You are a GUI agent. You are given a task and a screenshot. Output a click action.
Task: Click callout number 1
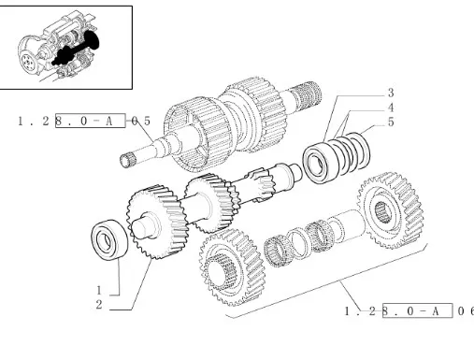[x=99, y=290]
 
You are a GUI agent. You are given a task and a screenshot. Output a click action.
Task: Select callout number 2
[x=99, y=305]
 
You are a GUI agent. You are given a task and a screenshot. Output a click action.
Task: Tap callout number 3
[x=391, y=93]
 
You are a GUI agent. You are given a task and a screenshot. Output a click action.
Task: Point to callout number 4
[x=391, y=108]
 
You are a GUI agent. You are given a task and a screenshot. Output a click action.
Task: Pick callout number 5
[x=391, y=122]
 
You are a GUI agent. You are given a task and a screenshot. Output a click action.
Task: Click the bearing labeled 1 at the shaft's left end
[x=109, y=239]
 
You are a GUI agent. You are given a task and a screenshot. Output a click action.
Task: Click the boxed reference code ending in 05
[x=84, y=121]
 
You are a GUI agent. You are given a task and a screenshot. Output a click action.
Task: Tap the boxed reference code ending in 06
[x=409, y=310]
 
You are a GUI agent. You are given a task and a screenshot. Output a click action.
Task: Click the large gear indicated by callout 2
[x=156, y=222]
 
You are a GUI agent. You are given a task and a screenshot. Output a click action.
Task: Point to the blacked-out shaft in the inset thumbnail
[x=77, y=50]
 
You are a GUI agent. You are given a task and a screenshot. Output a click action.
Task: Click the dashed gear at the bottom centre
[x=233, y=267]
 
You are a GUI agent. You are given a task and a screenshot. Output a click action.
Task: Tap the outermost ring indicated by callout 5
[x=359, y=151]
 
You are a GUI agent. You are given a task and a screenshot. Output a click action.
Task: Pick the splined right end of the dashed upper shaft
[x=307, y=94]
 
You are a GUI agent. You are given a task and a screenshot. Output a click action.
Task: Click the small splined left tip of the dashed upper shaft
[x=126, y=161]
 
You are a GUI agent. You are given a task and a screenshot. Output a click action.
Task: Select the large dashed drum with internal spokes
[x=199, y=135]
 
